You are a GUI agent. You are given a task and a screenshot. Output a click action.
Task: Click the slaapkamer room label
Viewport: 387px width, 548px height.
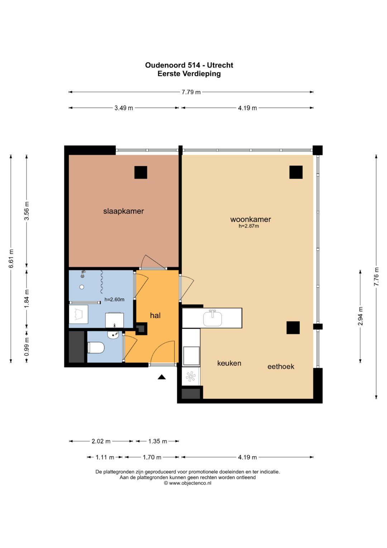pyautogui.click(x=123, y=211)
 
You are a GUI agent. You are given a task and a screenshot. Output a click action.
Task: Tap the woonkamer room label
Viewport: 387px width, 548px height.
pyautogui.click(x=250, y=219)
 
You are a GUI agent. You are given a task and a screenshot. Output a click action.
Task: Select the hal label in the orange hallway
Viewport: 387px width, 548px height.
pyautogui.click(x=155, y=315)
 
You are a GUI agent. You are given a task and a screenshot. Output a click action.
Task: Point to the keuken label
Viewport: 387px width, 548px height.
pyautogui.click(x=229, y=363)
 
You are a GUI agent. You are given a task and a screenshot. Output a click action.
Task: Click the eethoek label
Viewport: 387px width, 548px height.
pyautogui.click(x=281, y=366)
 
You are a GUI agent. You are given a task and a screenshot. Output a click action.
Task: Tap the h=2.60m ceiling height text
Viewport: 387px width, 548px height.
pyautogui.click(x=114, y=299)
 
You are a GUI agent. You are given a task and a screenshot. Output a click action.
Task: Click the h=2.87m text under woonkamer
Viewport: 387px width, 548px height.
pyautogui.click(x=249, y=226)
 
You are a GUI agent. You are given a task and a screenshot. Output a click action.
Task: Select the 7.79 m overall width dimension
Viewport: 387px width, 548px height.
pyautogui.click(x=191, y=92)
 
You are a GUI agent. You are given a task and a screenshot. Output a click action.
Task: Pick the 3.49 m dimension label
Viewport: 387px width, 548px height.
pyautogui.click(x=124, y=108)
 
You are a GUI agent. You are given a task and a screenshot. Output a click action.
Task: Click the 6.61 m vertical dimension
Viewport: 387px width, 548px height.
pyautogui.click(x=11, y=258)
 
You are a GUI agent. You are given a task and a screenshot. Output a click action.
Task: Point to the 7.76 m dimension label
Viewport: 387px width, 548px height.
pyautogui.click(x=377, y=276)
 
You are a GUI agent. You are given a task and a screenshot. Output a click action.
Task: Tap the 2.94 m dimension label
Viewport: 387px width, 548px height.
pyautogui.click(x=360, y=316)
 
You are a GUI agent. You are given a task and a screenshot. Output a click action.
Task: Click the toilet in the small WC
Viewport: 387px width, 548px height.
pyautogui.click(x=96, y=348)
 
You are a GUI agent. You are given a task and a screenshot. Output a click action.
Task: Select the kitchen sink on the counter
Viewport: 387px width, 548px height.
pyautogui.click(x=212, y=318)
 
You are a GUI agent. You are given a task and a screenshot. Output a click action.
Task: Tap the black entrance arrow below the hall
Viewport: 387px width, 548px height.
pyautogui.click(x=162, y=377)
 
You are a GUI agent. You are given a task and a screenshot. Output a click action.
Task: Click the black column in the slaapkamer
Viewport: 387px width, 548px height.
pyautogui.click(x=141, y=173)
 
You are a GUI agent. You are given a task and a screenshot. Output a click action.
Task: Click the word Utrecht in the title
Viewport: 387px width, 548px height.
pyautogui.click(x=220, y=65)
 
